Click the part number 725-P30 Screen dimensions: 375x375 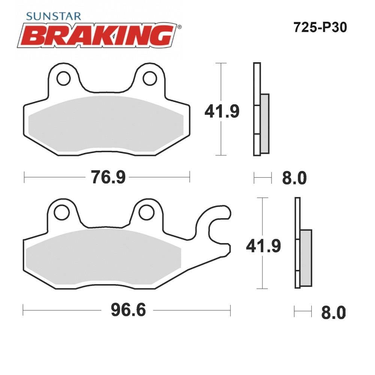(x=320, y=27)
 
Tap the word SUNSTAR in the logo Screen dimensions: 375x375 (x=54, y=16)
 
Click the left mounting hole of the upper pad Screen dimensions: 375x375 (x=64, y=78)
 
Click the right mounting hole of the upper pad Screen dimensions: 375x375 (x=150, y=78)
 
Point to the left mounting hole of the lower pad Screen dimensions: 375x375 (x=62, y=213)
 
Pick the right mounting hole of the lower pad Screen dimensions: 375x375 (x=146, y=213)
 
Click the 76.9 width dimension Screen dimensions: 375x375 (x=108, y=177)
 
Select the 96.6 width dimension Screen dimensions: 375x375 (x=128, y=310)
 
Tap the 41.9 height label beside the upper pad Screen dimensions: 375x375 (x=222, y=111)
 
